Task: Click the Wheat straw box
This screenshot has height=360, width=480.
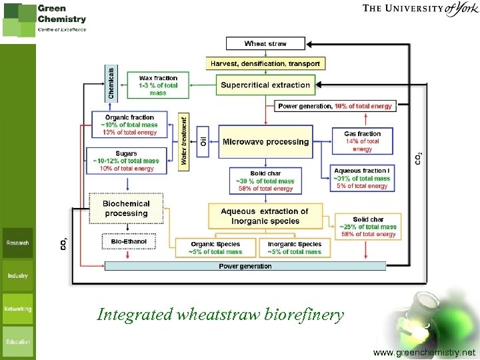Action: [x=265, y=44]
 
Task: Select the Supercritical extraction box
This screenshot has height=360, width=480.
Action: [x=265, y=85]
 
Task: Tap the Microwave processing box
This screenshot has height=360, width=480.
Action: [x=265, y=141]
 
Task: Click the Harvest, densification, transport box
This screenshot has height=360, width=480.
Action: [x=265, y=64]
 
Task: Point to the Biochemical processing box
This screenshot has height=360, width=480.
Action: [x=126, y=208]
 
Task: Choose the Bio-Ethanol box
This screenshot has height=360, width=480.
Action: [x=129, y=241]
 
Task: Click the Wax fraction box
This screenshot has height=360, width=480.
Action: [x=158, y=85]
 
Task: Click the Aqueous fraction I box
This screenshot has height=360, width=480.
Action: [x=362, y=178]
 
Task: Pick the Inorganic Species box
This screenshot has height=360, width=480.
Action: [x=294, y=248]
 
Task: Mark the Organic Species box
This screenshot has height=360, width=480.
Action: [x=215, y=248]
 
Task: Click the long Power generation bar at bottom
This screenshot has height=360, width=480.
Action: [x=245, y=266]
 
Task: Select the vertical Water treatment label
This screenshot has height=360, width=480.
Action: [x=184, y=141]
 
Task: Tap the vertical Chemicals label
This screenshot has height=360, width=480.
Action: [x=111, y=83]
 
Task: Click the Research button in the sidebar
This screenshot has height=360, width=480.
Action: [x=18, y=243]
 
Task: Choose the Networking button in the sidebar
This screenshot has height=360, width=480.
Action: [x=18, y=309]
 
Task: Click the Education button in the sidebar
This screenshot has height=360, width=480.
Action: [x=18, y=341]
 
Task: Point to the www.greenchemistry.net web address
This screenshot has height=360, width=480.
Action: [x=425, y=352]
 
